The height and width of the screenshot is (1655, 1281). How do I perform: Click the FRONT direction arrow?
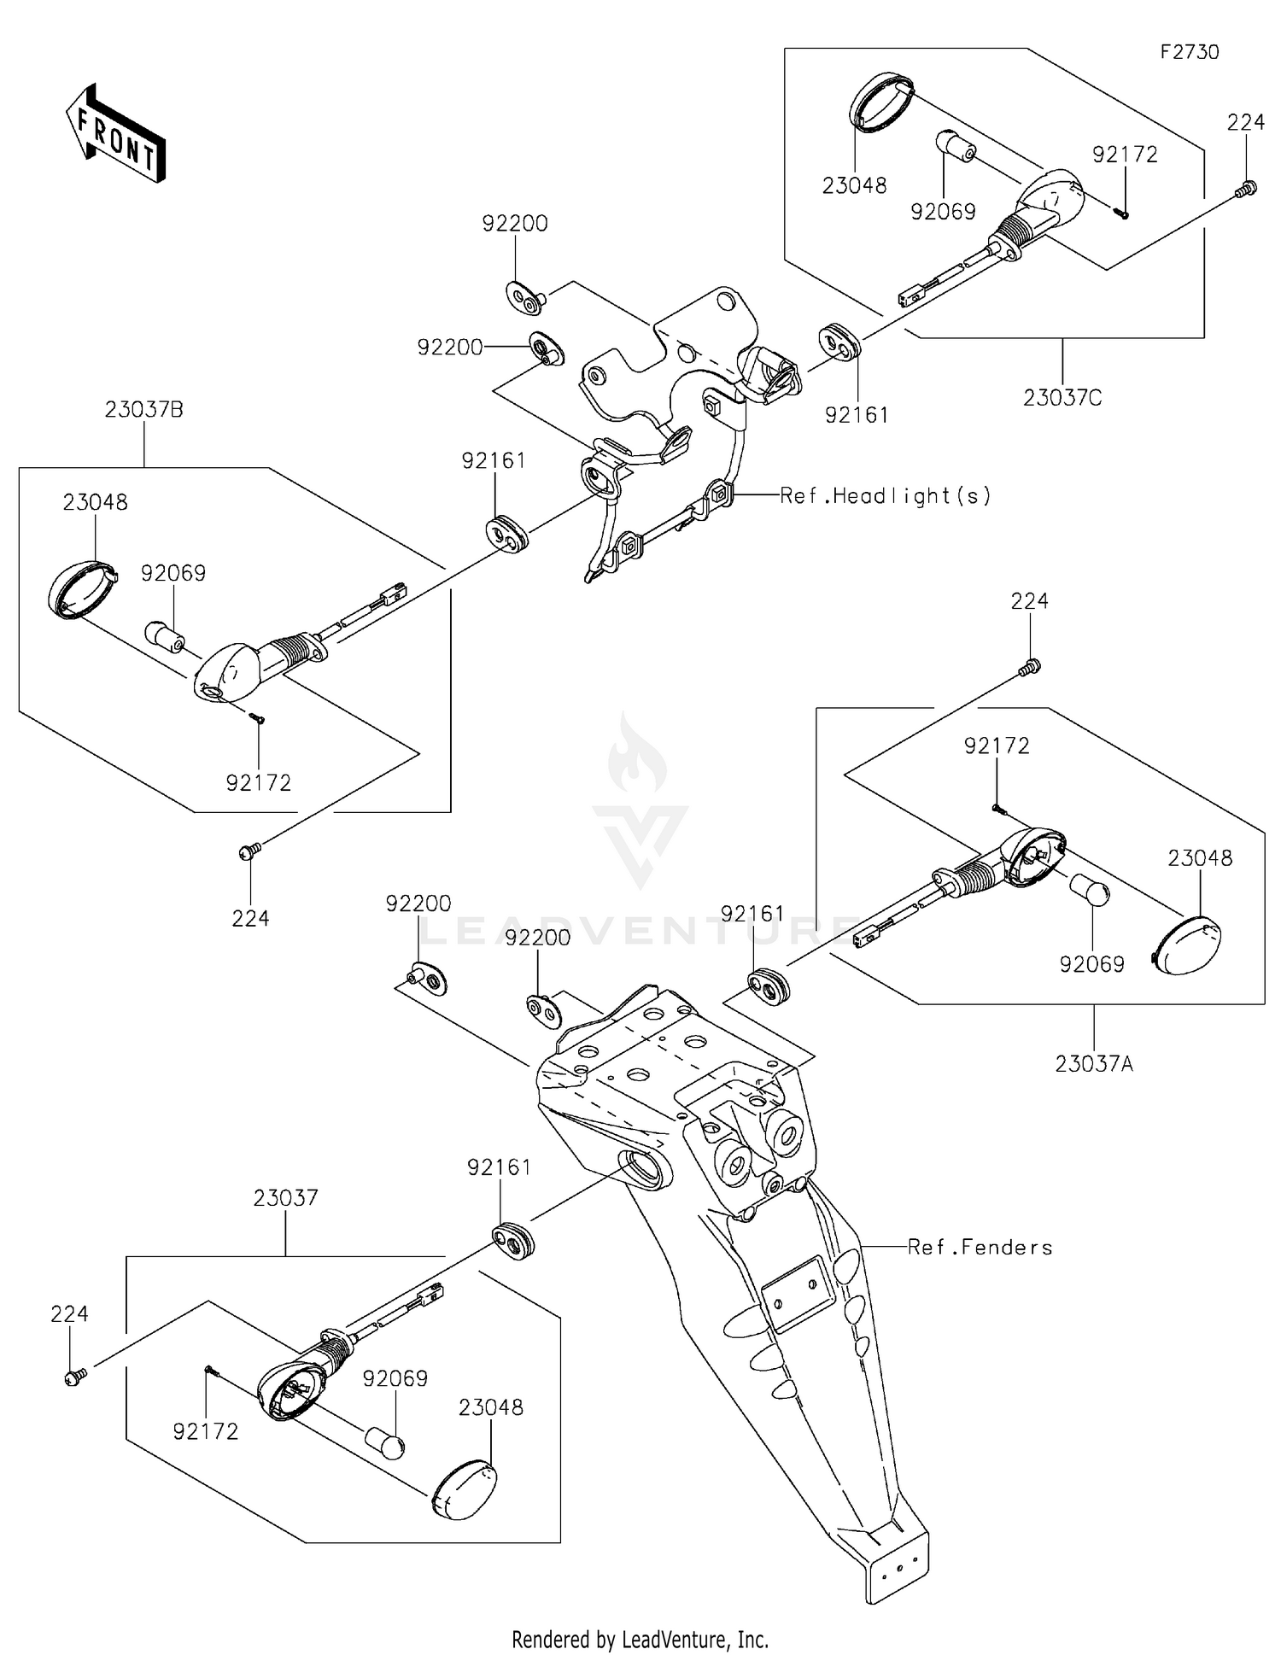(115, 133)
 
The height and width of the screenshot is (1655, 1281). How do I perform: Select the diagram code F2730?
(1189, 52)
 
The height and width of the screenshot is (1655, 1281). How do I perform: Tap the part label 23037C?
(1063, 397)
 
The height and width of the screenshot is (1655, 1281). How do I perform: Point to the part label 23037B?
(144, 409)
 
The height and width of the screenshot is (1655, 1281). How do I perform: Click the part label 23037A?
(1094, 1064)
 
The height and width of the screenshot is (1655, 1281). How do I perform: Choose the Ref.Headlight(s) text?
(886, 495)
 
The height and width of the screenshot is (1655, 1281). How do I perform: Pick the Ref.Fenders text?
(980, 1248)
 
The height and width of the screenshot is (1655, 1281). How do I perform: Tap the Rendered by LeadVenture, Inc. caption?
(640, 1640)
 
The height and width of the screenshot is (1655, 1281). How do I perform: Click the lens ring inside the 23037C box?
(881, 103)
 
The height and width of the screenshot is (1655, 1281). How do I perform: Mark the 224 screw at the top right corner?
(1248, 189)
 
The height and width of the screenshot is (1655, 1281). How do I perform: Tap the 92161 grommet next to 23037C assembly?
(839, 342)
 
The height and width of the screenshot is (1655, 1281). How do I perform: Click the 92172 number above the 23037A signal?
(997, 746)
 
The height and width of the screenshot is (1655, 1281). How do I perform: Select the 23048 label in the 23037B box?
(95, 502)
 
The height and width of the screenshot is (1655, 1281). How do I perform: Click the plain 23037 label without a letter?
(285, 1197)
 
